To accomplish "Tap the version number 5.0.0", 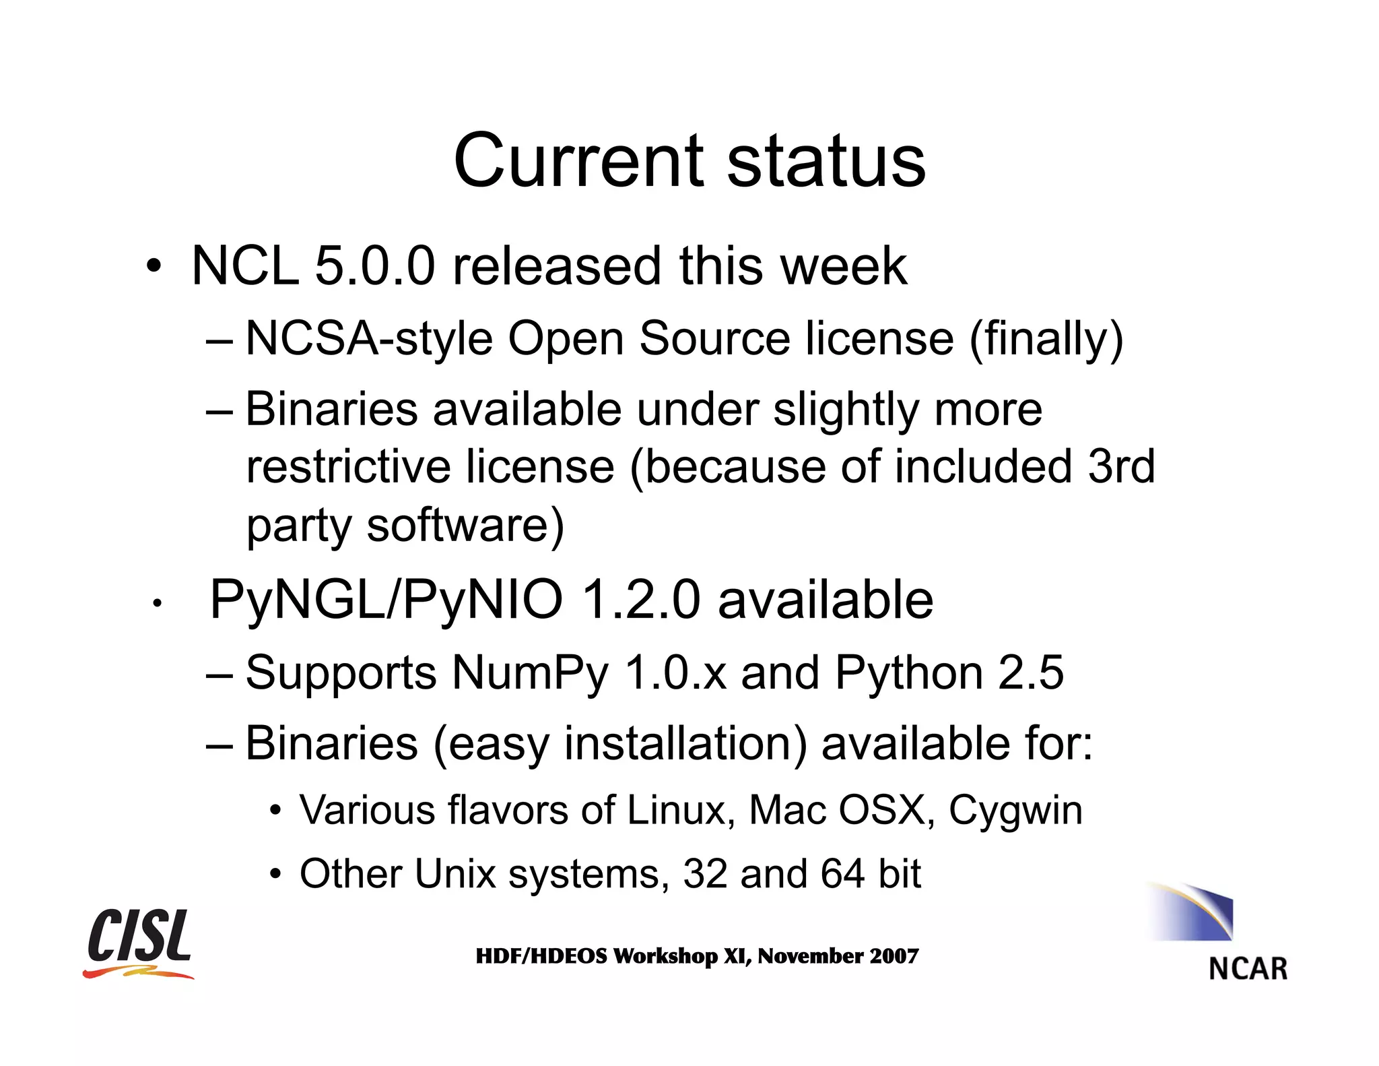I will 374,265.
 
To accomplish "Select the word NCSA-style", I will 369,338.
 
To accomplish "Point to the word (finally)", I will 1046,338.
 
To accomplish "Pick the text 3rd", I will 1121,466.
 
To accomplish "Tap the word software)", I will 465,525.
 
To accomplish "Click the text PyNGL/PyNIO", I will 386,599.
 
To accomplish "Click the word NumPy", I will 530,672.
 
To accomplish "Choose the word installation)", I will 685,744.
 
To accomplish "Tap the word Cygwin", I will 1015,810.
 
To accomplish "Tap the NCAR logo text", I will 1248,969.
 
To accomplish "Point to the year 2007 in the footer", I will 894,956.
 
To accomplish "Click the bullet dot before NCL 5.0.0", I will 154,267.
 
